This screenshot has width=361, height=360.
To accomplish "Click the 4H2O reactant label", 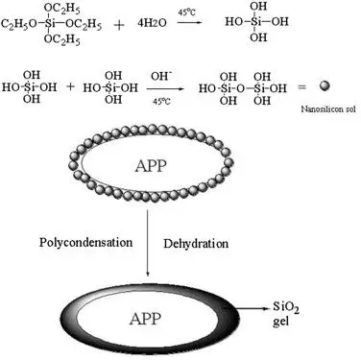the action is (152, 23).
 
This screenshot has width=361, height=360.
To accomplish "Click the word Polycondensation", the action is (85, 242).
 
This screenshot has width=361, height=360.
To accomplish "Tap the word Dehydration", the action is (196, 244).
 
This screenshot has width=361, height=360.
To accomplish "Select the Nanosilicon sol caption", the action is (328, 109).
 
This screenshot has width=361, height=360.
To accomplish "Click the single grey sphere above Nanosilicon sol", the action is (325, 85).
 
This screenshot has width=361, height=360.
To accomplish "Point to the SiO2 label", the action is (286, 308).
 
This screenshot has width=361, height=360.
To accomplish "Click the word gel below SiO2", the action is (280, 321).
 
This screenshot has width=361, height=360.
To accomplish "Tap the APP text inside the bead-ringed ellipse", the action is (151, 166).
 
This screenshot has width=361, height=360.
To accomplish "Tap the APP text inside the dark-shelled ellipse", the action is (145, 319).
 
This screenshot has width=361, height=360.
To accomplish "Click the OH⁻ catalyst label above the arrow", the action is (161, 77).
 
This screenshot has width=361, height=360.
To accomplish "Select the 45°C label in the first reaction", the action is (186, 12).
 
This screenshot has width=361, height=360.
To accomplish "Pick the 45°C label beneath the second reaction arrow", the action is (161, 102).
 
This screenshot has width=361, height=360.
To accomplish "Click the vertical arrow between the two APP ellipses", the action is (148, 243).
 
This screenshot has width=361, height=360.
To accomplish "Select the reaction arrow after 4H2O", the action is (189, 23).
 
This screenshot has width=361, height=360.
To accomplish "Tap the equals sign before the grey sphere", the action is (301, 86).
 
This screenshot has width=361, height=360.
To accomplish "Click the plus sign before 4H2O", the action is (119, 25).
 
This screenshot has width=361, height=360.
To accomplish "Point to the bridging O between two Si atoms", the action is (241, 88).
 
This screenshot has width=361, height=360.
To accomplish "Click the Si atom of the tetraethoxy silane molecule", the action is (48, 23).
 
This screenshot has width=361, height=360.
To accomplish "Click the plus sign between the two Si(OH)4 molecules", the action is (71, 86).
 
